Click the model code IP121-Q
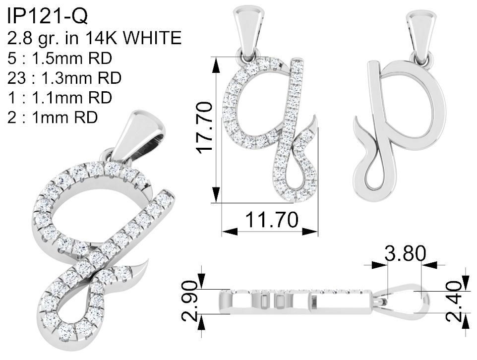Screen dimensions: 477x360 tap(48, 16)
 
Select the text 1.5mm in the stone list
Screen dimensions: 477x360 tap(55, 58)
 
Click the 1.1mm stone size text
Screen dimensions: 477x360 tap(55, 98)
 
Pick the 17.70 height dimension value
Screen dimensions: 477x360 tap(204, 127)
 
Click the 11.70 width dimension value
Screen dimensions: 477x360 tap(271, 220)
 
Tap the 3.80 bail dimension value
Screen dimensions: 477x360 tap(405, 253)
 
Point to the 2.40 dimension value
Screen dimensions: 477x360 tap(454, 301)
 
